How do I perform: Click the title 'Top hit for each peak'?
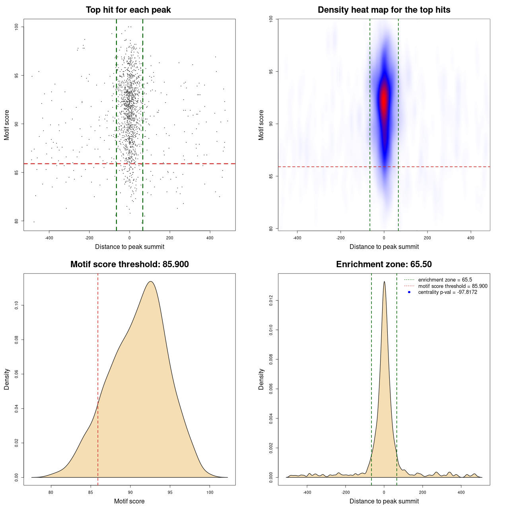128,10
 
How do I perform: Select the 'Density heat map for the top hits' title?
384,10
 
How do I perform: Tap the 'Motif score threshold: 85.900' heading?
129,264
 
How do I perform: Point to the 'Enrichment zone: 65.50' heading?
384,264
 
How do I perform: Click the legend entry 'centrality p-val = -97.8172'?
447,292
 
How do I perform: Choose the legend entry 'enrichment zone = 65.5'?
445,280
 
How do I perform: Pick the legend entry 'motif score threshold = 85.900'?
453,286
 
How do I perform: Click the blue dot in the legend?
409,292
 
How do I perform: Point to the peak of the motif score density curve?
151,282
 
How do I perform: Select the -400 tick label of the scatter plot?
49,238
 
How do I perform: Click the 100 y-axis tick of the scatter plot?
16,27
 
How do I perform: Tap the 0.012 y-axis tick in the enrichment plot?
271,301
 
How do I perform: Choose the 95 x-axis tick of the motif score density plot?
170,492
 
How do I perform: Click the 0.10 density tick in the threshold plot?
16,305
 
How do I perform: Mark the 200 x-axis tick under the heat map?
427,238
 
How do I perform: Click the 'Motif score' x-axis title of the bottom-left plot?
129,501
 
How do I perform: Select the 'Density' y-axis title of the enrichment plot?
261,379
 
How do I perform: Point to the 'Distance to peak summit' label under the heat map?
384,247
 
